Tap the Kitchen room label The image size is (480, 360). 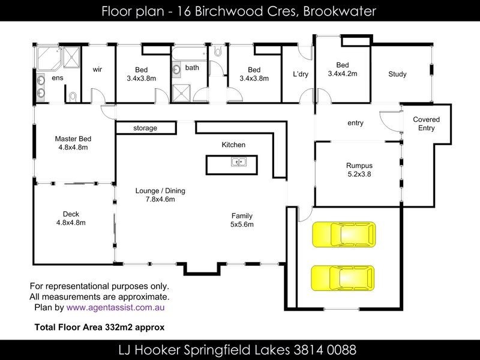(233, 145)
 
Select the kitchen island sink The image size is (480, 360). (238, 161)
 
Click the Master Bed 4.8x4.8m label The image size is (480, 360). (73, 143)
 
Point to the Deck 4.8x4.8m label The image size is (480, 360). (71, 218)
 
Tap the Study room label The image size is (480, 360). (397, 74)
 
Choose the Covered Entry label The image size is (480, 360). (426, 124)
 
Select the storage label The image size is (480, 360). (145, 128)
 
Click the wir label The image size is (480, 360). (97, 70)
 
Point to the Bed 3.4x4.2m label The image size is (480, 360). (343, 70)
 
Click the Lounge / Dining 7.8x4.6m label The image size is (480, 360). (160, 196)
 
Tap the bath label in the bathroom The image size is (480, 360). (192, 67)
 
